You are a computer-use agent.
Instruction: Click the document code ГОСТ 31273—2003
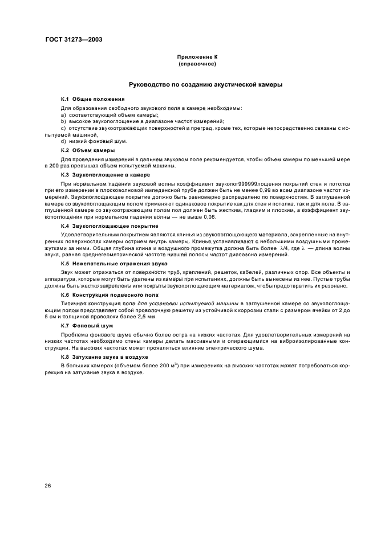click(x=70, y=40)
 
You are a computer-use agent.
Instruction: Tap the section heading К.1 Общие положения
click(x=92, y=99)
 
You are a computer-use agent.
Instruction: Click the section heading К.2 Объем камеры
click(x=88, y=150)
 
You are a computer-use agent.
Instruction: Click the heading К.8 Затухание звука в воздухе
click(x=105, y=355)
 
